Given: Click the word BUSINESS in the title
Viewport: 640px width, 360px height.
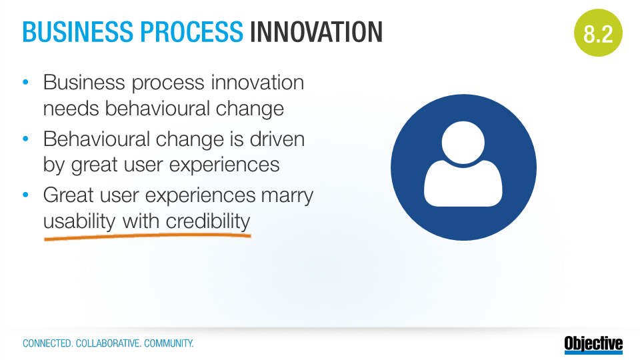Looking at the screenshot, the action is coord(78,32).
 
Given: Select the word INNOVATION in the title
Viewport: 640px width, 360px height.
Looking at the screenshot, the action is coord(316,32).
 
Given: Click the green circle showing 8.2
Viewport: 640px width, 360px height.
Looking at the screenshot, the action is coord(598,33).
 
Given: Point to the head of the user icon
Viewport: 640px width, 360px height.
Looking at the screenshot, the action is coord(463,143).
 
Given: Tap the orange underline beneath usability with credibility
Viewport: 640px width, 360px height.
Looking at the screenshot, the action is coord(147,236).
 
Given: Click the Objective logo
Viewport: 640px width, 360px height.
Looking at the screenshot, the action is coord(594,344).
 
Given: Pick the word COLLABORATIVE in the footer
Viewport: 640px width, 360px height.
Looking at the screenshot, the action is coord(109,344).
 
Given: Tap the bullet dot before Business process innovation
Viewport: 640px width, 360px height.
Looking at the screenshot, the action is coord(26,82).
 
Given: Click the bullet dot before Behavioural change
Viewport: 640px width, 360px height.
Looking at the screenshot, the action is coord(26,139).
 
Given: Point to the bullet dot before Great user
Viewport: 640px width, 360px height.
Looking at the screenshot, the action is coord(26,195).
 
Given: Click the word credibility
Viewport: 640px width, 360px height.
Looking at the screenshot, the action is coord(208,221).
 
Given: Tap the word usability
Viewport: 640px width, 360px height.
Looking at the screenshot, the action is coord(79,221).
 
